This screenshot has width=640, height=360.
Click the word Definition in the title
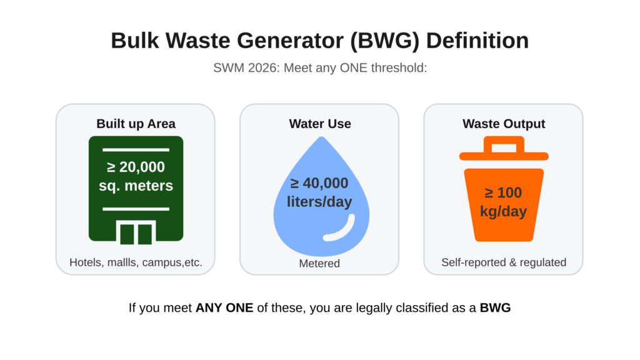[477, 41]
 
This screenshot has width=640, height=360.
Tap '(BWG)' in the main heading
[385, 41]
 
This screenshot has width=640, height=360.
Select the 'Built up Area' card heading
[136, 124]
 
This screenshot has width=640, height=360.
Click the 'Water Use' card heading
[320, 124]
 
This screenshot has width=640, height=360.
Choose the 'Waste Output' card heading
[504, 124]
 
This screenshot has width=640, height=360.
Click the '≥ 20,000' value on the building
[136, 167]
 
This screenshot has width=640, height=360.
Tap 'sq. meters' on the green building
[136, 186]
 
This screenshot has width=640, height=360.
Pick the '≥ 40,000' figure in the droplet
[319, 183]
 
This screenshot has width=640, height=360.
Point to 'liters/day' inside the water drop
[319, 202]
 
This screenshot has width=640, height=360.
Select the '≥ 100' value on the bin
[503, 192]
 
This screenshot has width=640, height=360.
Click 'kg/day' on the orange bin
[503, 211]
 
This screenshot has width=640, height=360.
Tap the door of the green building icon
[136, 232]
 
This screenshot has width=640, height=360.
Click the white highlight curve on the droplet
[341, 229]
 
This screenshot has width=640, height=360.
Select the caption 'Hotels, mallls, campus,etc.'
[136, 262]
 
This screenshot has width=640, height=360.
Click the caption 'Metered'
[319, 263]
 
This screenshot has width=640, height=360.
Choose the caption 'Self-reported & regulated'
[504, 262]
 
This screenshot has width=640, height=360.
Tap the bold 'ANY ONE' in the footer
[224, 307]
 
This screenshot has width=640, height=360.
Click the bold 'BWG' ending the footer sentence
[495, 307]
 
